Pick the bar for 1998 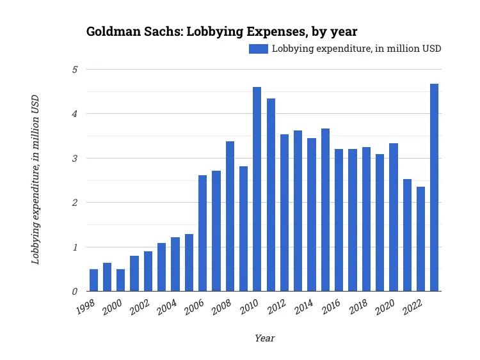coord(93,280)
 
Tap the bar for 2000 coord(120,280)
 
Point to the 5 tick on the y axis coord(74,69)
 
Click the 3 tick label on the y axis coord(74,158)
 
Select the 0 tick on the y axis coord(74,292)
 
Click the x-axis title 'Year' coord(264,338)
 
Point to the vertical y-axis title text coord(36,180)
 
